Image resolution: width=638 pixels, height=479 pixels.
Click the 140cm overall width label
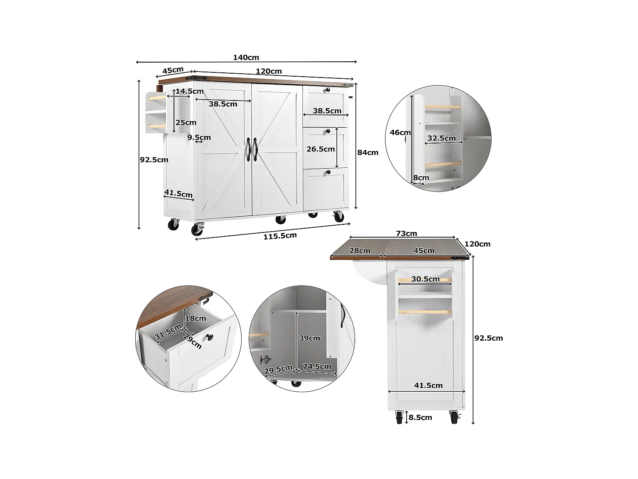[x=246, y=57]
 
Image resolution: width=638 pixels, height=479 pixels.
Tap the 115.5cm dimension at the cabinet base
[x=280, y=236]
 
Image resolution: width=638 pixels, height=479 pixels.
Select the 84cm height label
[x=367, y=152]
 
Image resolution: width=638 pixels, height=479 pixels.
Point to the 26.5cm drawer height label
[x=321, y=149]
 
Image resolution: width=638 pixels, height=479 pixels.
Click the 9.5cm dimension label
[x=199, y=138]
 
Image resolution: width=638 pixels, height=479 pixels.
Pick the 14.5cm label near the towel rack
[x=190, y=91]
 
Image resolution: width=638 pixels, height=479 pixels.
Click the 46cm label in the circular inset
[x=400, y=132]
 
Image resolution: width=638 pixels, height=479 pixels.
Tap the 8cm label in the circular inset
[x=421, y=178]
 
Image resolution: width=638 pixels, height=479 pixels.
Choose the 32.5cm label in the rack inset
[x=441, y=138]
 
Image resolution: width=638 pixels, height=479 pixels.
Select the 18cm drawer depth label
[x=196, y=318]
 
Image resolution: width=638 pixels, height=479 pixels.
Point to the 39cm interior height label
[x=309, y=338]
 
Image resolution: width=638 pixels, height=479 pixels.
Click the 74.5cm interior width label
[x=317, y=367]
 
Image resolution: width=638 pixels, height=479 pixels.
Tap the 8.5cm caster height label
[x=420, y=418]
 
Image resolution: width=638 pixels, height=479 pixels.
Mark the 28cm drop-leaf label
[x=360, y=250]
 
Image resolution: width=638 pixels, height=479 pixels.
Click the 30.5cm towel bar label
[x=425, y=279]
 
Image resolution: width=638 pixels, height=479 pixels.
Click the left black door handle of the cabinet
[x=248, y=149]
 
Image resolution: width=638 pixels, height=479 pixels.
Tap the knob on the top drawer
[x=328, y=90]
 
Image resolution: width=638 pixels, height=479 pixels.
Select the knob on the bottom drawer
[x=328, y=172]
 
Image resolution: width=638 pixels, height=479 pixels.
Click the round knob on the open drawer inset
[x=209, y=338]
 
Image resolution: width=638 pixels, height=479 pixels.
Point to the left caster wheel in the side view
[x=399, y=418]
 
